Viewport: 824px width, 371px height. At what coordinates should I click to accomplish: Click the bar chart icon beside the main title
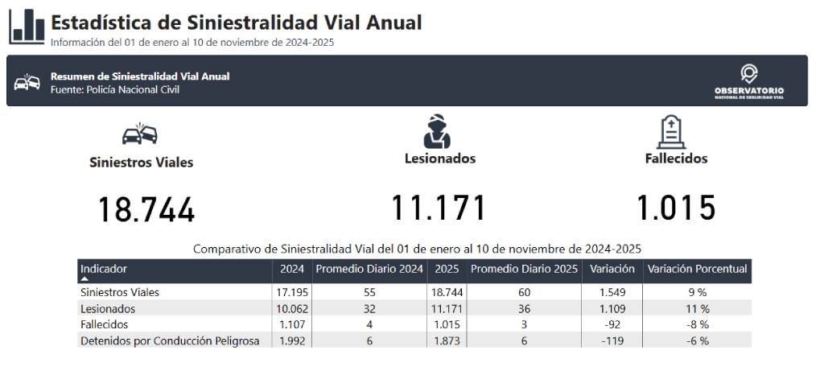pyautogui.click(x=27, y=27)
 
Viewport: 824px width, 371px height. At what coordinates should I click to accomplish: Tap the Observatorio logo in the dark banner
pyautogui.click(x=749, y=82)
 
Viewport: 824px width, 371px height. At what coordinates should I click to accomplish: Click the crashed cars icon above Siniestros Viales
pyautogui.click(x=140, y=134)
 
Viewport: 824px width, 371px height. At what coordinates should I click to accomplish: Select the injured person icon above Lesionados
pyautogui.click(x=437, y=131)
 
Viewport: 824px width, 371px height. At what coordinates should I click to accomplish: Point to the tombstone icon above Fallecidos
pyautogui.click(x=672, y=132)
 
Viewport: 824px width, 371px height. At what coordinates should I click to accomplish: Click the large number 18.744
pyautogui.click(x=146, y=209)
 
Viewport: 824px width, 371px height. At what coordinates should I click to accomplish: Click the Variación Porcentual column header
pyautogui.click(x=697, y=269)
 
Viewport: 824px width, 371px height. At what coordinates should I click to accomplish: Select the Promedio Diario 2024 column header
pyautogui.click(x=369, y=269)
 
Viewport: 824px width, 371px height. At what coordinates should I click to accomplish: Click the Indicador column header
pyautogui.click(x=104, y=269)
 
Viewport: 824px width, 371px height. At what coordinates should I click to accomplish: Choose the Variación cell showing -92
pyautogui.click(x=612, y=325)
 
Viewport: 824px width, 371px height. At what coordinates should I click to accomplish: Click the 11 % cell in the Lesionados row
pyautogui.click(x=697, y=308)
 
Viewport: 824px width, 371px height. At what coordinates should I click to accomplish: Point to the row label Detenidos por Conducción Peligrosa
pyautogui.click(x=170, y=341)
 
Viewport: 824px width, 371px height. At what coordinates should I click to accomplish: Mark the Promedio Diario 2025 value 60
pyautogui.click(x=524, y=292)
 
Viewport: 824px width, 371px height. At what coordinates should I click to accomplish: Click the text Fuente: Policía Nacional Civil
pyautogui.click(x=115, y=90)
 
